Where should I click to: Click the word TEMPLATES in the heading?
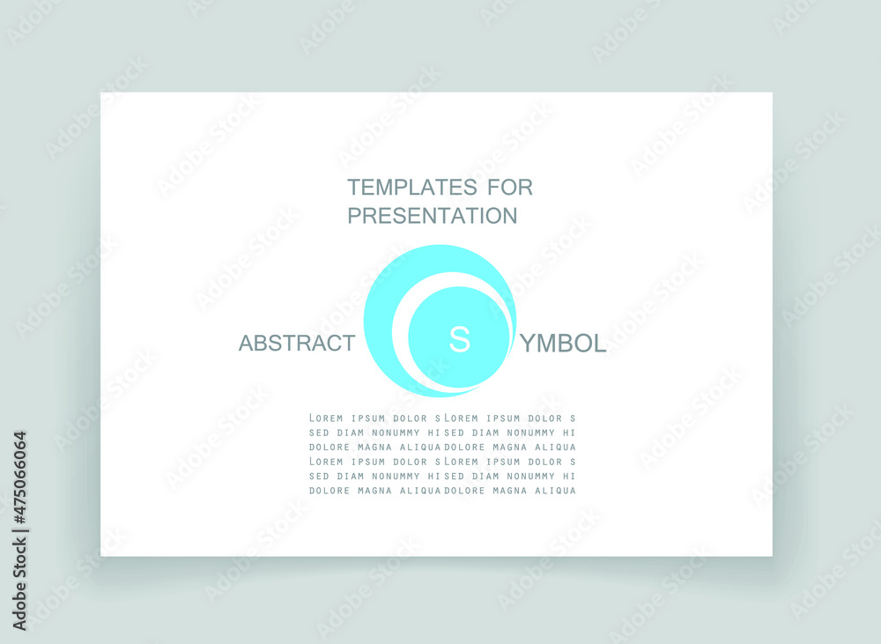412,187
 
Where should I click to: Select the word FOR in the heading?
510,187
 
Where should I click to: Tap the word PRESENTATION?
432,216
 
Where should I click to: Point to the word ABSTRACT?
297,343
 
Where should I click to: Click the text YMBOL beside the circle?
563,344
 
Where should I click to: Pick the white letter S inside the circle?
460,339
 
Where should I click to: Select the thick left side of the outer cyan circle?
378,322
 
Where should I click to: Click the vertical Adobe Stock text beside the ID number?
20,584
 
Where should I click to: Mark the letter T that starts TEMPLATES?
354,187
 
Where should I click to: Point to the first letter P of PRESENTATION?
354,216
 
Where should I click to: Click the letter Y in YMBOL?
528,344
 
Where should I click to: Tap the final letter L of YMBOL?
601,344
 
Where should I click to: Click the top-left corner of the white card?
100,93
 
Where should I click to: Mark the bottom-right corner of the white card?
773,556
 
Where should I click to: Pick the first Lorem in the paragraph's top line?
326,418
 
